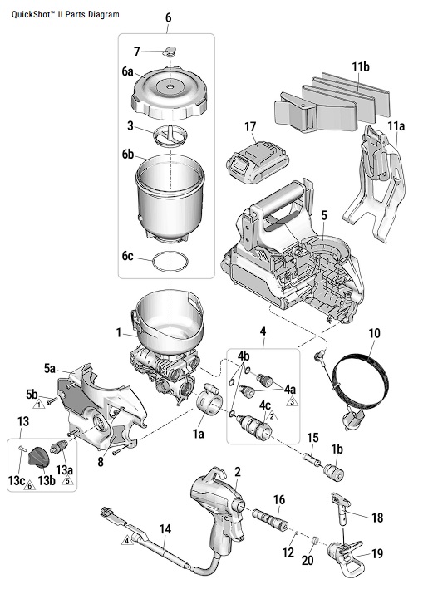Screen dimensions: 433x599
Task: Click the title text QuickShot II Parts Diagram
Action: click(x=66, y=14)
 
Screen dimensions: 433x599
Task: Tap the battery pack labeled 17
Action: click(x=258, y=162)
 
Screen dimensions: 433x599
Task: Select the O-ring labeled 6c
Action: click(x=170, y=262)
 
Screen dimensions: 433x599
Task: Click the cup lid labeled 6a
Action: click(x=170, y=93)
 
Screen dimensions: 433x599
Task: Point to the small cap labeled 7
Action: click(x=170, y=51)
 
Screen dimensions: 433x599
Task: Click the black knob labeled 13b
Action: click(x=39, y=456)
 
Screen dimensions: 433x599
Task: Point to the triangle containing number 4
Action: click(x=127, y=540)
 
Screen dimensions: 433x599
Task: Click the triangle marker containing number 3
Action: click(x=292, y=401)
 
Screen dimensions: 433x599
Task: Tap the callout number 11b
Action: click(x=361, y=67)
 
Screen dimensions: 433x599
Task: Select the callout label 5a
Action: click(x=50, y=369)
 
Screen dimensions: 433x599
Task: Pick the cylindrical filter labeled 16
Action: click(x=270, y=518)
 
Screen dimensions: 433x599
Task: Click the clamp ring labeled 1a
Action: click(x=209, y=400)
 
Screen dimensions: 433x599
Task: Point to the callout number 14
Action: click(x=165, y=529)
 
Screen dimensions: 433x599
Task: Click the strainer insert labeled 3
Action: click(x=171, y=136)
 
